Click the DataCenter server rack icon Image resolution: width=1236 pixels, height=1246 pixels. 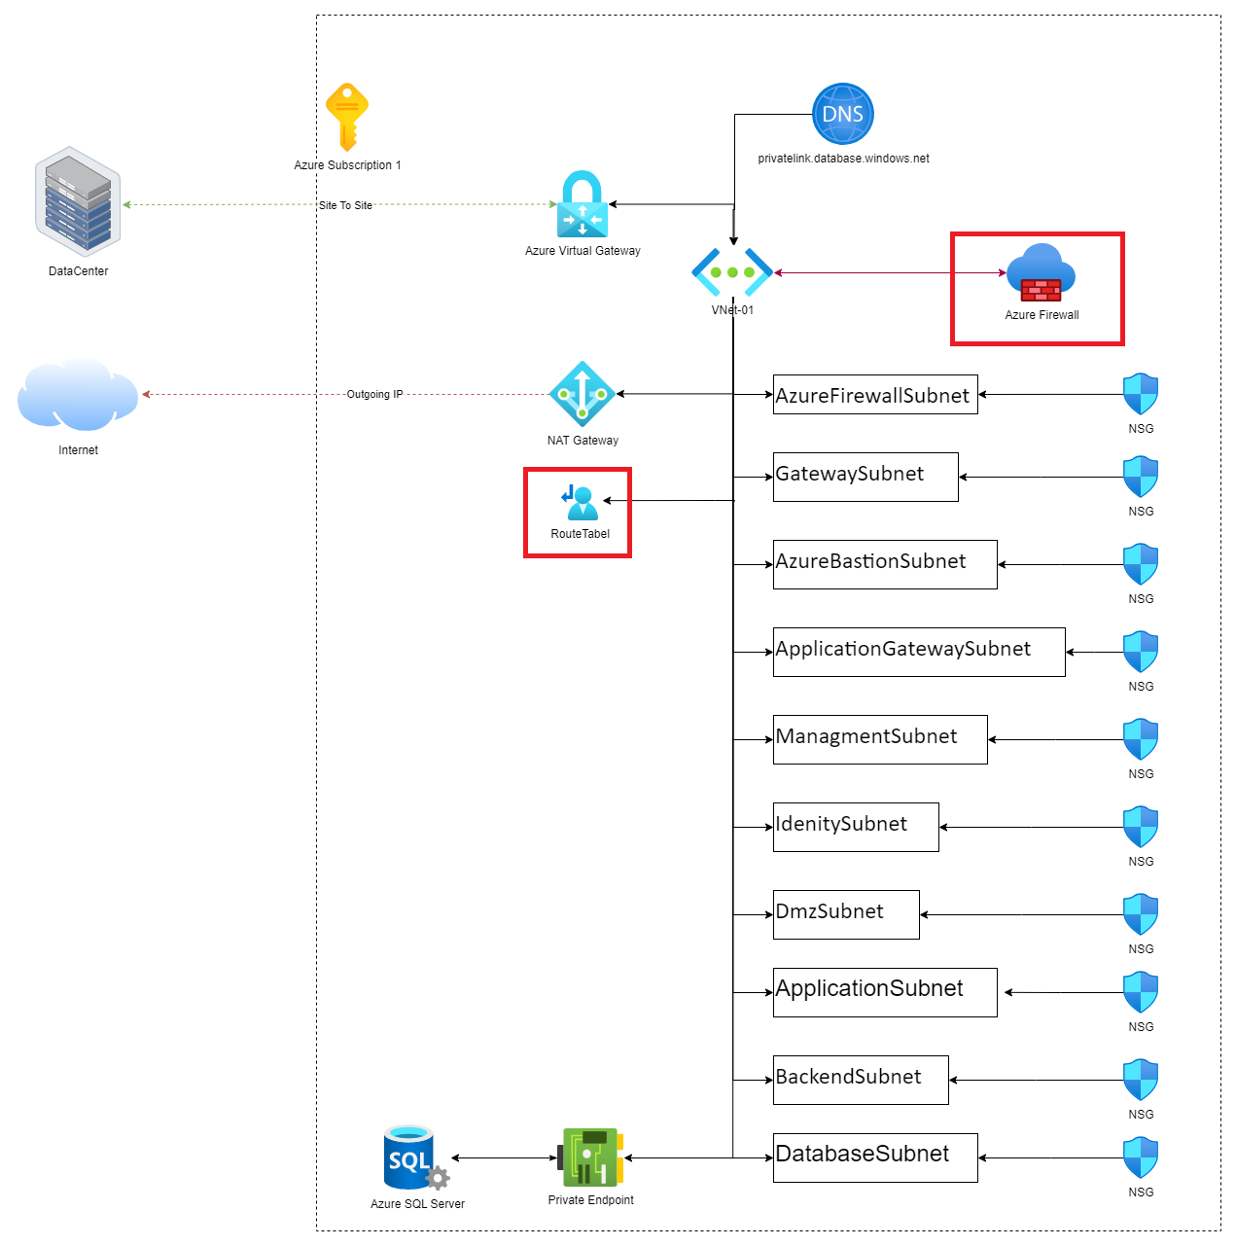(x=78, y=201)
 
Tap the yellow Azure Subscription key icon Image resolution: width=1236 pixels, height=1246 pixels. (x=346, y=117)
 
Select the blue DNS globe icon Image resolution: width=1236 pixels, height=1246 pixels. (x=843, y=114)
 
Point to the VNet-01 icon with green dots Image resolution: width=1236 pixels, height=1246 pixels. (x=732, y=272)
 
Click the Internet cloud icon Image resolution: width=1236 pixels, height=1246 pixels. (x=78, y=394)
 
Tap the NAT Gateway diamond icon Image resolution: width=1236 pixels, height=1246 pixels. (x=583, y=394)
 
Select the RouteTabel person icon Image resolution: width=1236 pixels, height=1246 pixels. (x=581, y=503)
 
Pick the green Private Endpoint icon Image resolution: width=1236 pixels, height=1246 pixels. (x=590, y=1157)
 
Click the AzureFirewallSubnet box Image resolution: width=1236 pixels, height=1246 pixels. (x=875, y=395)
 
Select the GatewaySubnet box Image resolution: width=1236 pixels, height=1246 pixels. (x=865, y=477)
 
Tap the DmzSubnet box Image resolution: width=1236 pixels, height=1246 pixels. (x=846, y=914)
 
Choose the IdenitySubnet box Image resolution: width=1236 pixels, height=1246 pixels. (x=856, y=827)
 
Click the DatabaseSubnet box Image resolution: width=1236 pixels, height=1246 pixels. (x=875, y=1157)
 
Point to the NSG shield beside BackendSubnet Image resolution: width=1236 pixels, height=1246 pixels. (x=1141, y=1080)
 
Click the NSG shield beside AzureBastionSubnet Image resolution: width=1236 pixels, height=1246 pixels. (x=1141, y=564)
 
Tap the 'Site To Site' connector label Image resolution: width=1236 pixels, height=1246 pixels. (x=346, y=205)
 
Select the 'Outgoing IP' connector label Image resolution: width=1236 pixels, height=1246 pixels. (x=374, y=394)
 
